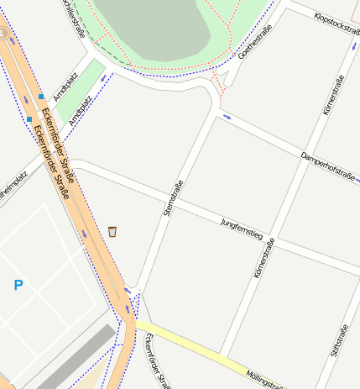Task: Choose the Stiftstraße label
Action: coord(339,340)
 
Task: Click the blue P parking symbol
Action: coord(18,286)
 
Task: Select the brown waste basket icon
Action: coord(112,231)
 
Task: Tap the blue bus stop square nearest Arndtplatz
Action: coord(40,97)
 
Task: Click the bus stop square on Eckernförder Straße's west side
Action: coord(29,119)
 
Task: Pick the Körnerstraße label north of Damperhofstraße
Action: coord(333,96)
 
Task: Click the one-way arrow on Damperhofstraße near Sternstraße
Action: coord(227,117)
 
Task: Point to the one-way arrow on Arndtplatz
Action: coord(104,77)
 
